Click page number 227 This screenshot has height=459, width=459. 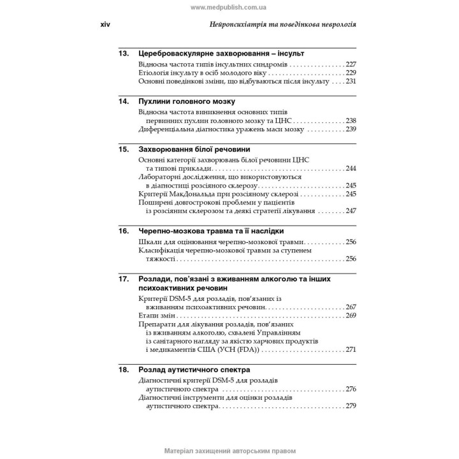pos(351,64)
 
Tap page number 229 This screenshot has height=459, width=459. pos(351,73)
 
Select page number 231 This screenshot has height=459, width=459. pos(351,82)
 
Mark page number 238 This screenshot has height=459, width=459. pos(351,120)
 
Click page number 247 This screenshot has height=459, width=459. pos(351,210)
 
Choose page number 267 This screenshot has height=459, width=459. pos(351,307)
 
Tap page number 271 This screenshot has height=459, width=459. pos(351,350)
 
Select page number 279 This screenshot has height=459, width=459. pos(351,405)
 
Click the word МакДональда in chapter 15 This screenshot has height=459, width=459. pos(191,194)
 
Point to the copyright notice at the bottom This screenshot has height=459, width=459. pos(229,451)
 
